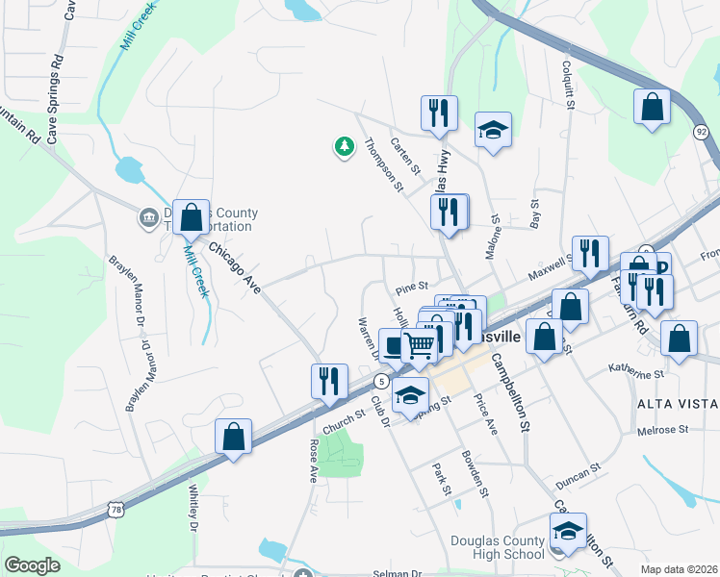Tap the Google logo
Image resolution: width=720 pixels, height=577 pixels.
click(x=32, y=565)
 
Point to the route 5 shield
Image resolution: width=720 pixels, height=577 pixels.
click(x=382, y=382)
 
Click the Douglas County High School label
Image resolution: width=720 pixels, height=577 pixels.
click(x=497, y=547)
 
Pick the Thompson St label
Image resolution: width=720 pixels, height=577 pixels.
click(x=383, y=164)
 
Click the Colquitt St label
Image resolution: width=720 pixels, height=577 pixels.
click(x=567, y=86)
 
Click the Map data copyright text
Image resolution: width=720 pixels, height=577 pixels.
click(x=680, y=569)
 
